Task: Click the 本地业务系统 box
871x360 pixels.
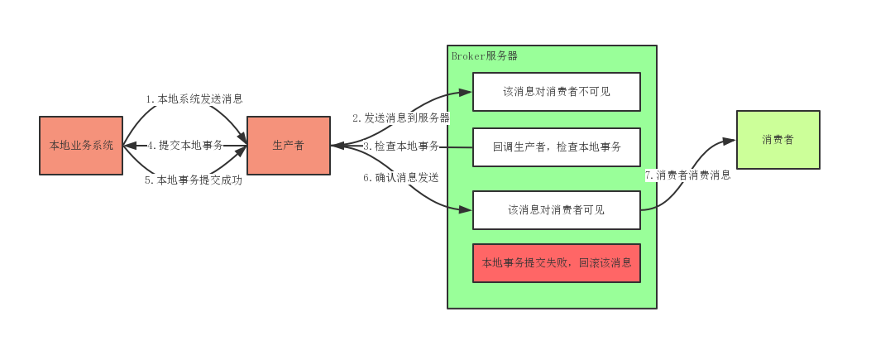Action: click(81, 146)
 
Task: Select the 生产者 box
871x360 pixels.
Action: click(288, 146)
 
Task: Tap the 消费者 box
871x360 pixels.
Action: click(778, 140)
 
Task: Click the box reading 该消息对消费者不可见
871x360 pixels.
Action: click(557, 92)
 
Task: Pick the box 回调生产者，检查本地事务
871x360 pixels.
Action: click(557, 147)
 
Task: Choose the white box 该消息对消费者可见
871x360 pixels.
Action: click(557, 210)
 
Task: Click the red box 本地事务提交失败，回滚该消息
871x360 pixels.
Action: click(557, 263)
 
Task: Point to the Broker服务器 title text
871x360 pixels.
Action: click(485, 56)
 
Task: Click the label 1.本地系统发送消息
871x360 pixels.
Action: click(194, 99)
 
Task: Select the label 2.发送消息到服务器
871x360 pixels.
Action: click(401, 118)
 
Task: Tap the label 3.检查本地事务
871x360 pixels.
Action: click(401, 146)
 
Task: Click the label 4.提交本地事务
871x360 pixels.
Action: click(185, 146)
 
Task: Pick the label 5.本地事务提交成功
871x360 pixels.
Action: click(194, 180)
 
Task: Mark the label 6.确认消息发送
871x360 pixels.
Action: click(400, 177)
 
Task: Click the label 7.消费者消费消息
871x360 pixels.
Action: click(687, 175)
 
